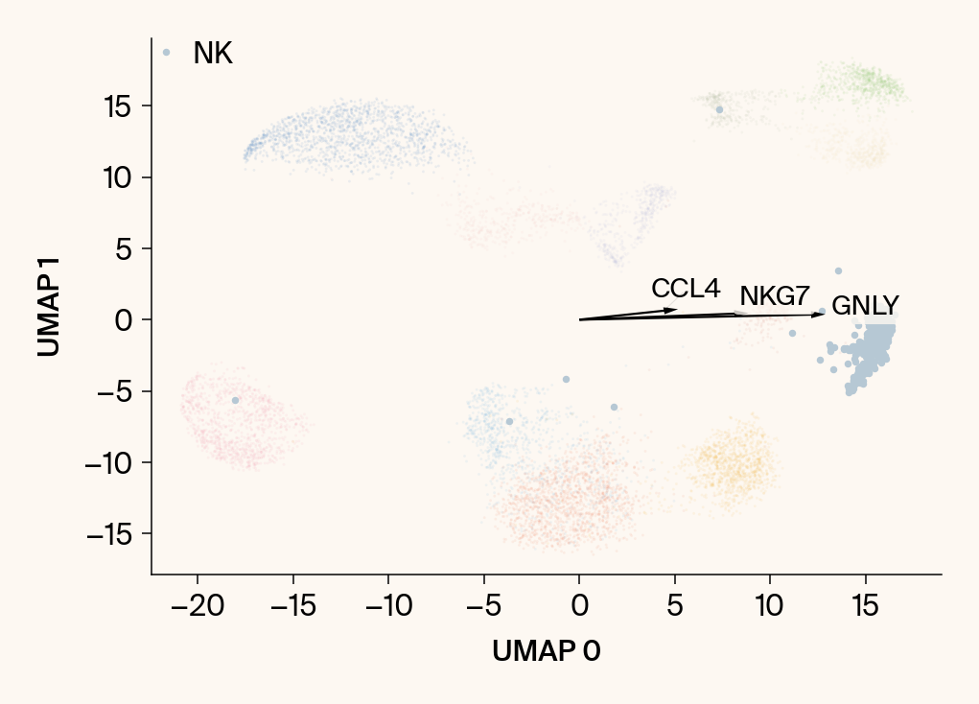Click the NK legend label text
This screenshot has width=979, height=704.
click(x=213, y=54)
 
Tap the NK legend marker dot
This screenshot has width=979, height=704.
click(x=166, y=53)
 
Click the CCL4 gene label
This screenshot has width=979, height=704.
click(x=685, y=289)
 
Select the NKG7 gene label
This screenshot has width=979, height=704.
click(x=775, y=296)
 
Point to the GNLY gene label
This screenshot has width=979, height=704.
click(x=865, y=306)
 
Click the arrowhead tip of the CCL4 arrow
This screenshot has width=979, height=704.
click(x=678, y=309)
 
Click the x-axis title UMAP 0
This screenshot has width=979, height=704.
click(x=547, y=651)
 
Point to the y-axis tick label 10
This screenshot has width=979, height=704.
click(x=119, y=177)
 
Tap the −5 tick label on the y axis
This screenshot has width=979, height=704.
click(x=117, y=391)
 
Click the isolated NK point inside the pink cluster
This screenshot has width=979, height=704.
click(x=235, y=400)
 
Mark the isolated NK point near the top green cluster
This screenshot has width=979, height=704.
click(x=719, y=109)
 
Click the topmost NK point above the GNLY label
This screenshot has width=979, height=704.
click(x=838, y=270)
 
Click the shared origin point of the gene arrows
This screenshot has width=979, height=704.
click(x=579, y=319)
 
